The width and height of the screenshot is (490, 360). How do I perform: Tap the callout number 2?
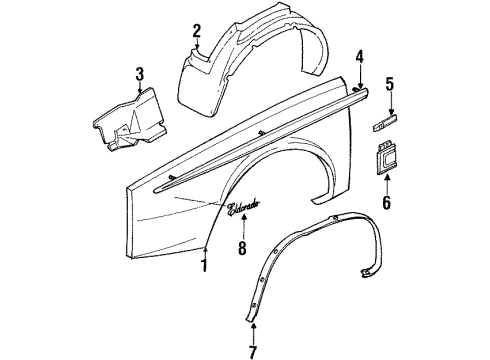[x=197, y=30]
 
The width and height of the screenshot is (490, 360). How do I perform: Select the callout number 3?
[x=140, y=74]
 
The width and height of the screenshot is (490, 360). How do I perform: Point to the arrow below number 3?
[x=140, y=91]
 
